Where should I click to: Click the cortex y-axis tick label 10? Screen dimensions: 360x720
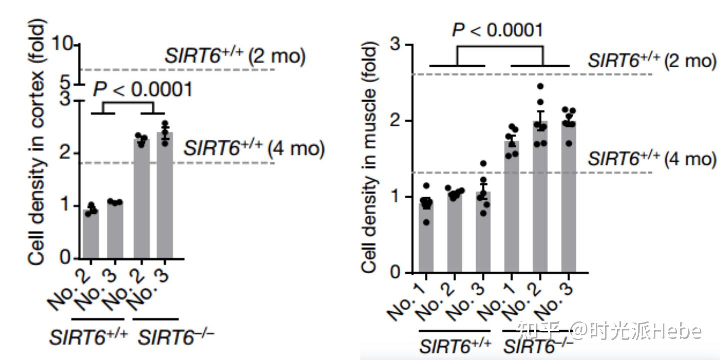[63, 45]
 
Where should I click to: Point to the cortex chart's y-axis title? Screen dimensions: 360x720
[38, 142]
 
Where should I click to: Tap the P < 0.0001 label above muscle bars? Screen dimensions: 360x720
[497, 30]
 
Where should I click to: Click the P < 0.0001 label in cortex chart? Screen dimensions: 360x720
[143, 90]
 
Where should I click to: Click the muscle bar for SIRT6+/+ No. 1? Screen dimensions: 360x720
[426, 237]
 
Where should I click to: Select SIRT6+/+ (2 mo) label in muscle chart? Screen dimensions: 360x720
[651, 61]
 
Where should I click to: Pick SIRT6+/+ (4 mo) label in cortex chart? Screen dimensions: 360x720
[254, 148]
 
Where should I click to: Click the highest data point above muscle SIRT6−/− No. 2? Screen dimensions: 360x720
[540, 86]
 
